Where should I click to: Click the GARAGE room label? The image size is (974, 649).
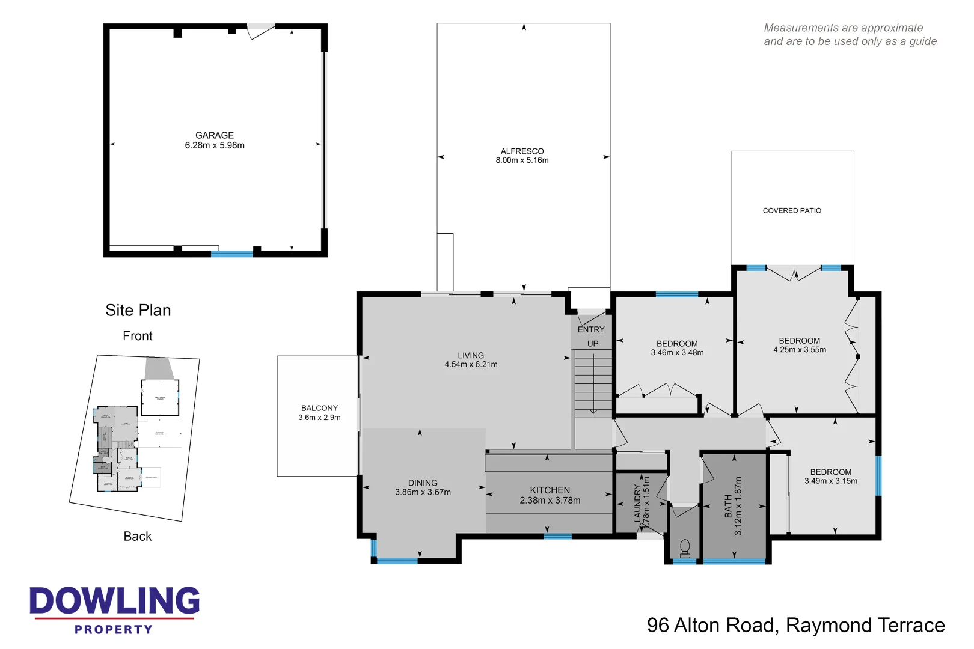[x=214, y=136]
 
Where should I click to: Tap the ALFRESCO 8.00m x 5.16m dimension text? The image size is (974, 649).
[x=522, y=160]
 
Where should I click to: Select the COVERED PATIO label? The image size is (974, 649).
[x=792, y=211]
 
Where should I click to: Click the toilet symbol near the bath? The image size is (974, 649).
[x=684, y=547]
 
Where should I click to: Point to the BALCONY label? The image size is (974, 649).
[x=319, y=408]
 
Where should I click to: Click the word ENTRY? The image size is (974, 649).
[x=591, y=329]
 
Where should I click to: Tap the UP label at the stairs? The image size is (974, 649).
[x=593, y=344]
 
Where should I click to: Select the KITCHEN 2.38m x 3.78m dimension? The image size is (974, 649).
[x=550, y=501]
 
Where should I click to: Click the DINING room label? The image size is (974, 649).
[x=423, y=483]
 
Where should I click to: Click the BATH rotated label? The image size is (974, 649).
[x=729, y=506]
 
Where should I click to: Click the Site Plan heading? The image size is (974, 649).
[x=138, y=310]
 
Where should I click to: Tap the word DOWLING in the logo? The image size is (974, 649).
[x=114, y=602]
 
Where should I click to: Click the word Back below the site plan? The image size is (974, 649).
[x=138, y=537]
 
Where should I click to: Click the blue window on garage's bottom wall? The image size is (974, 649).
[x=231, y=254]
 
